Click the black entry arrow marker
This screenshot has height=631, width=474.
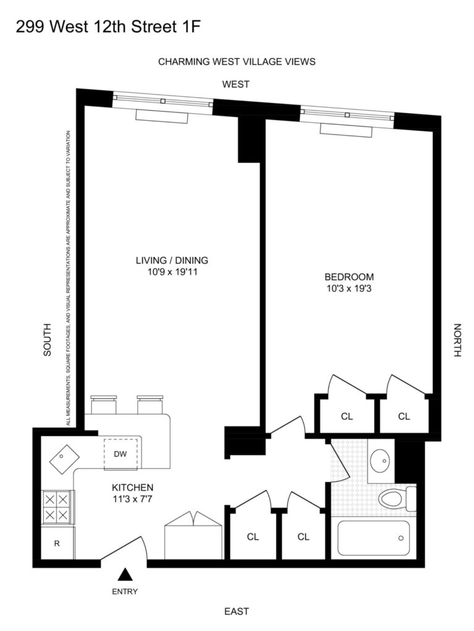coord(125,574)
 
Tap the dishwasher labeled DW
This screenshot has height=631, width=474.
coord(120,454)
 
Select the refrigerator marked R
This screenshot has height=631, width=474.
coord(57,543)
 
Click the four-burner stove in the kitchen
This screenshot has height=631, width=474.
coord(57,508)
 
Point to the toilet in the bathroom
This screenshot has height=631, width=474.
coord(397,499)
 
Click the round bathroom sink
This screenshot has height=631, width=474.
coord(380,460)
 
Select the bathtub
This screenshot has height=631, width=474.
coord(373,538)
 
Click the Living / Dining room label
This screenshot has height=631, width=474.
coord(172,261)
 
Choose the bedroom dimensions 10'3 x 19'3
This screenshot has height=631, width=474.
coord(349,288)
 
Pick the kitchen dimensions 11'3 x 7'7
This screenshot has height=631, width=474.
coord(133,499)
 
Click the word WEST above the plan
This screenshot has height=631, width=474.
coord(236,84)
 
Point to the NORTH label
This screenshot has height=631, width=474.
coord(457,340)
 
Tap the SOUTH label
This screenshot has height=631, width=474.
coord(48,340)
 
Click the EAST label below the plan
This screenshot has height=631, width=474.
coord(236,611)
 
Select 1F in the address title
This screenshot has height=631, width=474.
coord(192,26)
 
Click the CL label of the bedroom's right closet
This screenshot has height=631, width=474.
coord(404,417)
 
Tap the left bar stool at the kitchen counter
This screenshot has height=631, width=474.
coord(104,404)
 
